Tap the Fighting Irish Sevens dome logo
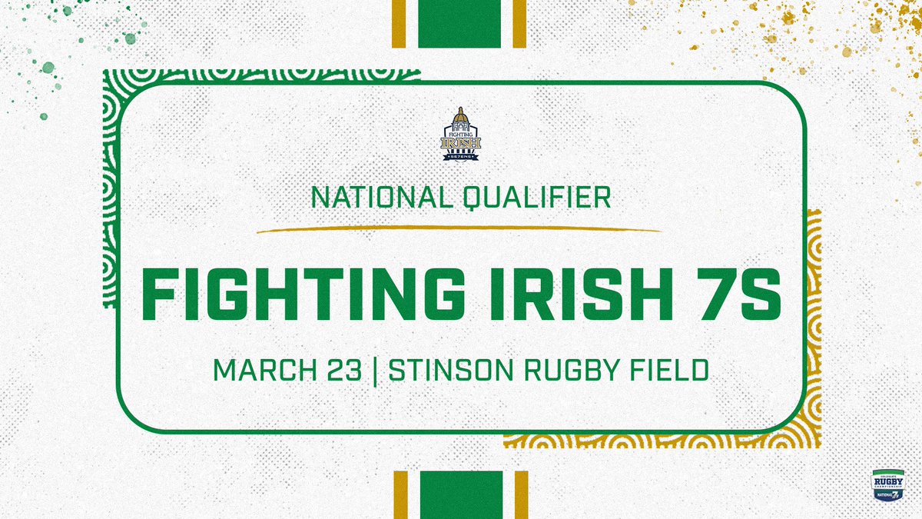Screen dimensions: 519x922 tap(461, 134)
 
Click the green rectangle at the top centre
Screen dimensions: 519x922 tap(460, 23)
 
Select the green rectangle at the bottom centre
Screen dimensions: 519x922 tap(460, 495)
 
